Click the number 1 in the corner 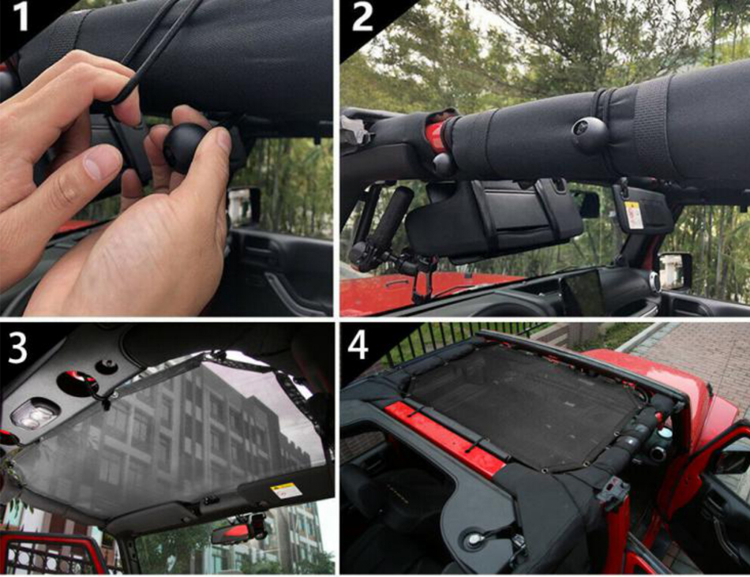(x=20, y=17)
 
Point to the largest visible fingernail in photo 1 (x=102, y=163)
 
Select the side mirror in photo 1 (x=245, y=205)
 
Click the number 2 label (x=362, y=17)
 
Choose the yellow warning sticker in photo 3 (x=286, y=490)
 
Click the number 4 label (x=358, y=346)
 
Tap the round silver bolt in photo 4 (x=474, y=539)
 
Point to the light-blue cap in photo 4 (x=665, y=433)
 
